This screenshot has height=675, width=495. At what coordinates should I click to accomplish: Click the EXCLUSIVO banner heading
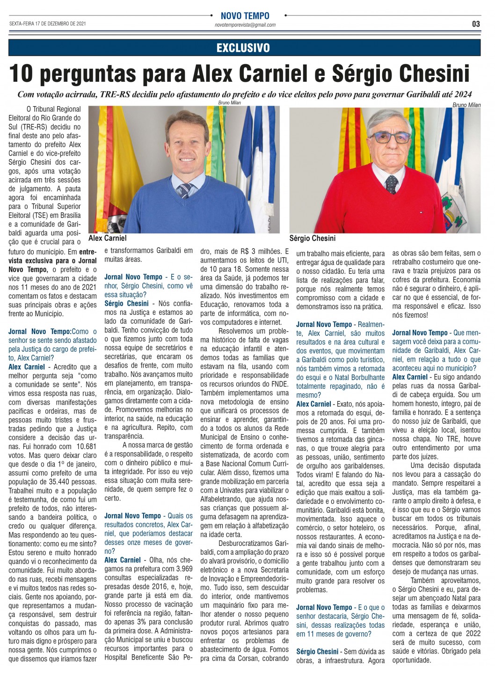click(x=243, y=48)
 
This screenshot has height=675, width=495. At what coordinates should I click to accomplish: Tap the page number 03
click(x=475, y=24)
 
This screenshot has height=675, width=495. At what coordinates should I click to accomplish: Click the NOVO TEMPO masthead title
click(x=245, y=16)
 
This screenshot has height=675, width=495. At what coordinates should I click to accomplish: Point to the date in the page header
click(x=47, y=23)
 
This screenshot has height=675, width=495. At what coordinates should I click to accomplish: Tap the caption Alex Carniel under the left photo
click(x=107, y=238)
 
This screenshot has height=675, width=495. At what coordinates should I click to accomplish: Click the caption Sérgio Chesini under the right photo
click(x=312, y=239)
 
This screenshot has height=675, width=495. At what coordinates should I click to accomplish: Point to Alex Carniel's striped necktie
click(x=185, y=189)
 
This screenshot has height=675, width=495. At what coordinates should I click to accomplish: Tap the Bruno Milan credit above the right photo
click(x=466, y=105)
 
